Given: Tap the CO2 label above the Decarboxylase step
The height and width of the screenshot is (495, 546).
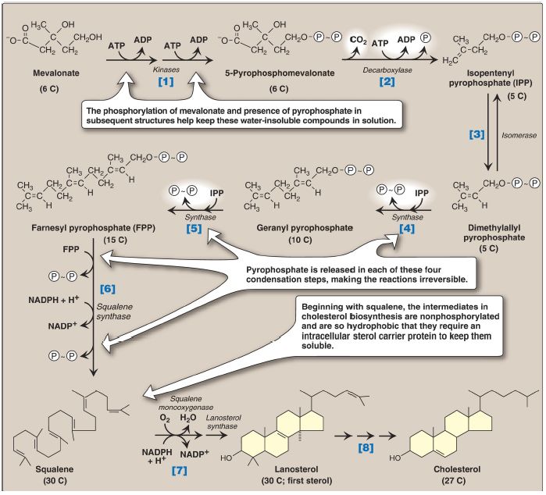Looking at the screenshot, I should [358, 40].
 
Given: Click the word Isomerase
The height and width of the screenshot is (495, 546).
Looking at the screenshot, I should [508, 134].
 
